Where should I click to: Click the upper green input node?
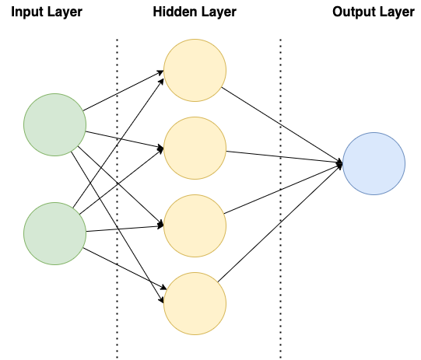point(54,124)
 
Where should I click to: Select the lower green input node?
point(54,234)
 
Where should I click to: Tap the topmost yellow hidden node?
point(195,70)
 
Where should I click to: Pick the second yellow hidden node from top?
point(195,148)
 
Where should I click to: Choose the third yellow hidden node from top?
point(195,225)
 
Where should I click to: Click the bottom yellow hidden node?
point(195,304)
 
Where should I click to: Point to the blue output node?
point(374,163)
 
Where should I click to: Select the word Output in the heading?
point(352,12)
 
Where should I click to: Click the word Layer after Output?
point(395,13)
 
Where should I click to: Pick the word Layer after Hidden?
point(219,13)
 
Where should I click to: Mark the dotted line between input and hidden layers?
point(117,198)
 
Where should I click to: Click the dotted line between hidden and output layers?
point(281,198)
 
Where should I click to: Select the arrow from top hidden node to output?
point(282,125)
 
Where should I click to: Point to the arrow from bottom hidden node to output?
point(280,223)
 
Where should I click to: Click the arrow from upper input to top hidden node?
point(124,90)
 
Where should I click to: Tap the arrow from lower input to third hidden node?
point(125,229)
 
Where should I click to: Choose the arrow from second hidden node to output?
point(285,157)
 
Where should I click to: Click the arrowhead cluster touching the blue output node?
point(340,163)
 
